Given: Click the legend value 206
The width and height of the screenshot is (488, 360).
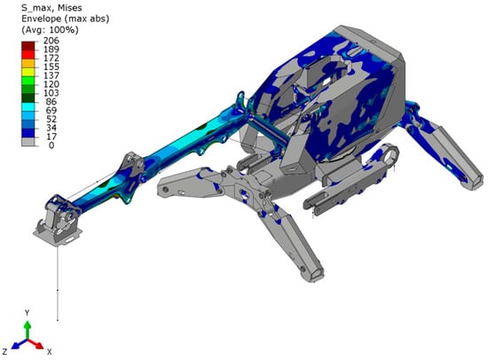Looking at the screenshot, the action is pyautogui.click(x=51, y=41).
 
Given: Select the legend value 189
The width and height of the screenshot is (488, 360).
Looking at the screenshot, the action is pyautogui.click(x=51, y=49).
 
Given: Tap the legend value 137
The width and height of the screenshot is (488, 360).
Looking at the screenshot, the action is pyautogui.click(x=51, y=75).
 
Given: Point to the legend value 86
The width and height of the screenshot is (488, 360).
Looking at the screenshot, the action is pyautogui.click(x=51, y=101).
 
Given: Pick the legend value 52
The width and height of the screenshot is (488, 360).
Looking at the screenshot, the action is pyautogui.click(x=51, y=119).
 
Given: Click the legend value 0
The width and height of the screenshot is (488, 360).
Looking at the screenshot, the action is pyautogui.click(x=51, y=145).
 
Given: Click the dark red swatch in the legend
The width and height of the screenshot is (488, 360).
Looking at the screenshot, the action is pyautogui.click(x=28, y=46).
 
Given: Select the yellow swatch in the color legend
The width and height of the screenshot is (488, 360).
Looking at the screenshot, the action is pyautogui.click(x=28, y=72).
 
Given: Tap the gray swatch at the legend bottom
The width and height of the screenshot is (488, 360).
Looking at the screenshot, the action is pyautogui.click(x=28, y=142).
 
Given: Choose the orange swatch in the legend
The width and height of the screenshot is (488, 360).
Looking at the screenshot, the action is pyautogui.click(x=28, y=64).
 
